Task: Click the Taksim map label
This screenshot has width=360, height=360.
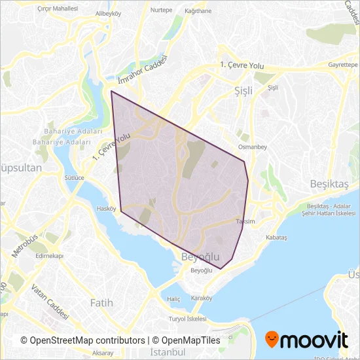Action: (244, 222)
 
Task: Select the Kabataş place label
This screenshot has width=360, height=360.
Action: (276, 238)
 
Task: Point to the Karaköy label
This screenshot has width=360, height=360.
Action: (202, 298)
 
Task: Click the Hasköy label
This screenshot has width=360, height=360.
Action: (105, 209)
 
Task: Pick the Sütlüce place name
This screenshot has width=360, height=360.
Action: (73, 177)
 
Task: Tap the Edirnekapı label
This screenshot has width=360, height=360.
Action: (48, 256)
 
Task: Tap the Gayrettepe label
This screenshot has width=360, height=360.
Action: (342, 65)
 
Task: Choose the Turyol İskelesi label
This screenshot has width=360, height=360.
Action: (187, 319)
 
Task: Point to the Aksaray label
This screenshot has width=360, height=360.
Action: (103, 352)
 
